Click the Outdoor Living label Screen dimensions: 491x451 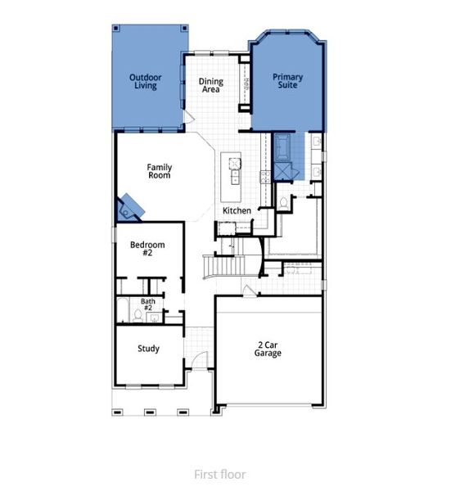tap(146, 82)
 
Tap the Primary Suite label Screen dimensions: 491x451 tap(287, 82)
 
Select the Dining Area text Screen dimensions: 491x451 tap(210, 85)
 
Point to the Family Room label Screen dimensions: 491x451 tap(159, 171)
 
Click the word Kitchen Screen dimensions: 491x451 tap(237, 211)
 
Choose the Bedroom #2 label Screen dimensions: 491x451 tap(147, 249)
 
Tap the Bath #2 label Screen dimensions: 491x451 tap(147, 304)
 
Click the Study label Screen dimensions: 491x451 tap(148, 349)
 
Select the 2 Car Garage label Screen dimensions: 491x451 tap(268, 349)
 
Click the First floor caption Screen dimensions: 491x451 tap(219, 474)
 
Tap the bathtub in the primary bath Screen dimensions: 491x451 tap(284, 147)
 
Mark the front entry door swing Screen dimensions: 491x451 tap(195, 358)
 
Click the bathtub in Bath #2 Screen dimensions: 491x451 tap(122, 312)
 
